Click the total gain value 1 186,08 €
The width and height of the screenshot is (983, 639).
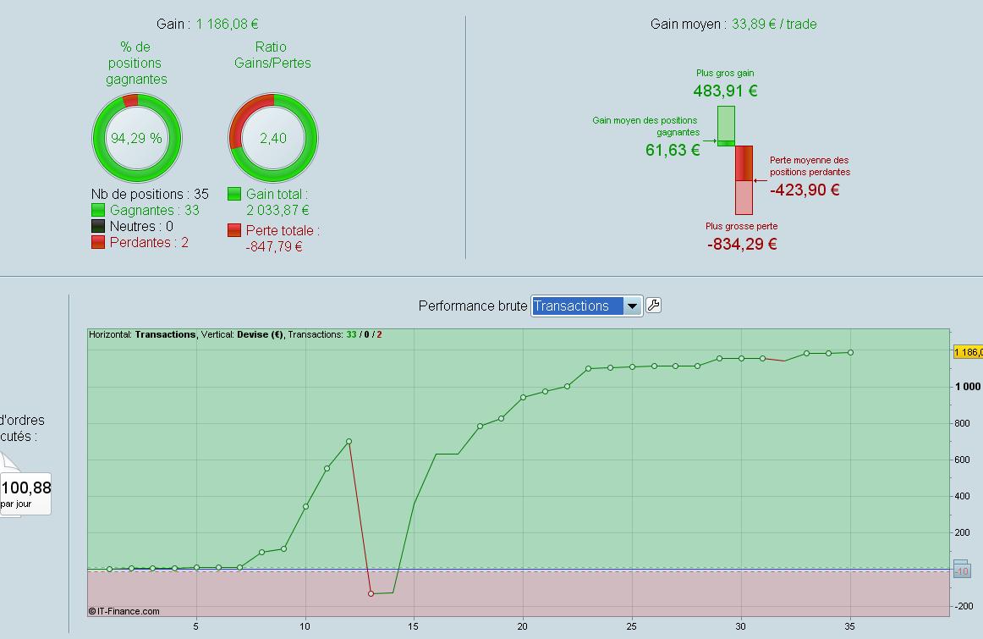point(227,25)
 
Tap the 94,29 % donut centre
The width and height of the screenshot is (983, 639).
point(136,138)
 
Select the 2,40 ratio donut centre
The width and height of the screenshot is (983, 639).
point(273,138)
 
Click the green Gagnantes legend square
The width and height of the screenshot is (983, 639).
point(98,210)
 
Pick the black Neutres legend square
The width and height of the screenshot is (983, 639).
point(98,226)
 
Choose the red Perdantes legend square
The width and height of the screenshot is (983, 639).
point(98,242)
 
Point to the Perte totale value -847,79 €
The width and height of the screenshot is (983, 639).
point(274,246)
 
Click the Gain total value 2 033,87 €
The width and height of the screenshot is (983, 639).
point(277,210)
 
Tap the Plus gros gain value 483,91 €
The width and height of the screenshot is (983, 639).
point(725,91)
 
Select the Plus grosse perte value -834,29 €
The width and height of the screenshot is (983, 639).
point(742,244)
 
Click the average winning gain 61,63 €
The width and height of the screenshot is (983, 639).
point(673,150)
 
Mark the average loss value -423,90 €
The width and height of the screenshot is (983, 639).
point(805,190)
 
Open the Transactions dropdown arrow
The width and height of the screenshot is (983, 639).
point(632,306)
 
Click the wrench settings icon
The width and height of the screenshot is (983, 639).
point(653,306)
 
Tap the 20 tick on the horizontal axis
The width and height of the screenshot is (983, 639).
point(523,626)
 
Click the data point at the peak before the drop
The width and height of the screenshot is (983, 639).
point(349,442)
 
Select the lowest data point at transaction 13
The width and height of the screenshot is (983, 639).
point(371,593)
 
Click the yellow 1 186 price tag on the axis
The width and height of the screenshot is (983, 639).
point(968,352)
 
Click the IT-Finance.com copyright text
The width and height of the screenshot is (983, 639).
point(124,611)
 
